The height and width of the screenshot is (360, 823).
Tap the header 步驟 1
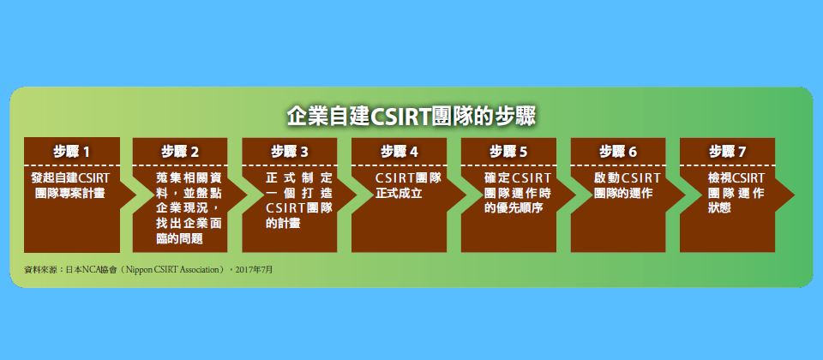coord(71,153)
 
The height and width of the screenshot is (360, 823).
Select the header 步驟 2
coord(180,153)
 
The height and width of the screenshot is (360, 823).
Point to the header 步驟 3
coord(290,153)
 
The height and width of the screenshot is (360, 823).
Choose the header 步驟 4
coord(399,153)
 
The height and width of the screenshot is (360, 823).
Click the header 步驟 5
coord(508,153)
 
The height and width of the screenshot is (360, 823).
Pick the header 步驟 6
coord(618,153)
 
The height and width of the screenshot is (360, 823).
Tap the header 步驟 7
coord(728,153)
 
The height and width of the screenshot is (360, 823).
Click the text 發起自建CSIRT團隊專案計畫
coord(70,185)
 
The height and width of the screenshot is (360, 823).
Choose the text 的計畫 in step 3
coord(284,224)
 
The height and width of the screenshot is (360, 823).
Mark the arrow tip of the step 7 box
coord(794,195)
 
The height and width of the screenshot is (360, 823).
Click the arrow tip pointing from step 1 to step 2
coord(137,195)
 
